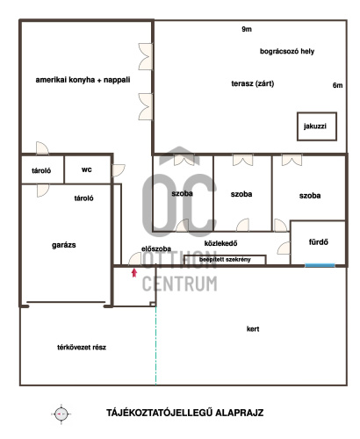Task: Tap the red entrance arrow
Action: click(134, 273)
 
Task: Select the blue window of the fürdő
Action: click(320, 265)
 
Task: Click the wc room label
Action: click(87, 169)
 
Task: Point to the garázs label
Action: click(64, 245)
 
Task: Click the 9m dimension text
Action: click(247, 29)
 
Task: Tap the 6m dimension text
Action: click(337, 85)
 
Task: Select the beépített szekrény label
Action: click(225, 260)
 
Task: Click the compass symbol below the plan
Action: click(61, 414)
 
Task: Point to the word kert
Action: click(253, 329)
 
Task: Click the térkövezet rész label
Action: click(82, 348)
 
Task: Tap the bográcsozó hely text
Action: click(287, 52)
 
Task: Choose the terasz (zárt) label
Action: click(253, 83)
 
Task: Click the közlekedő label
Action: click(220, 243)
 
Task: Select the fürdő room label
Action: click(319, 242)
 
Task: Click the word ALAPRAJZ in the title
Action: click(240, 413)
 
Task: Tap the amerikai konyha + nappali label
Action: click(83, 80)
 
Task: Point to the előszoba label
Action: click(156, 248)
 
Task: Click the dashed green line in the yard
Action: click(155, 346)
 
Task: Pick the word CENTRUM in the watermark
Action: click(180, 284)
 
